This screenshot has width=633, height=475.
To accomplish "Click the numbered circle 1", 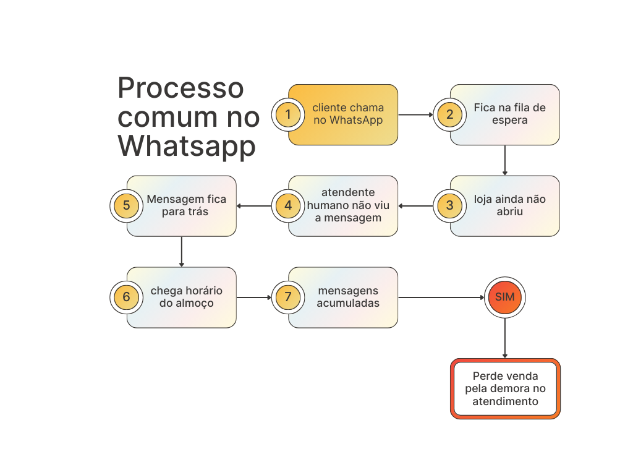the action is (288, 114).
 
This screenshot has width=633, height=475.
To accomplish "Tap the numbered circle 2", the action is (450, 114).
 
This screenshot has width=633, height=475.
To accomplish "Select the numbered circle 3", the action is (450, 205).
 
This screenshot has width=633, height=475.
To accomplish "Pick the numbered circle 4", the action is (288, 205).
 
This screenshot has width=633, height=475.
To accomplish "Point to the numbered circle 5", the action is (126, 205).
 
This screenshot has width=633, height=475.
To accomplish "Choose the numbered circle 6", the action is (126, 297).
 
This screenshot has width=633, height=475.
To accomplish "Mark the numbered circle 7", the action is (288, 297).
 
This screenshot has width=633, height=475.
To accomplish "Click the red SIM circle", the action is (504, 297).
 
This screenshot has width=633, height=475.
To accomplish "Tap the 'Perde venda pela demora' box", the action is (505, 388).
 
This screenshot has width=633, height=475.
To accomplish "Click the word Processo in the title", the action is (181, 88).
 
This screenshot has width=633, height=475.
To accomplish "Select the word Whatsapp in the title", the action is (187, 146).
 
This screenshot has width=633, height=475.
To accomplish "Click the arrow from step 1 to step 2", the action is (415, 114).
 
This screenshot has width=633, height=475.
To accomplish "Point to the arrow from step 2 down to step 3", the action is (504, 160).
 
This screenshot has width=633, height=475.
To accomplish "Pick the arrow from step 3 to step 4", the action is (416, 206).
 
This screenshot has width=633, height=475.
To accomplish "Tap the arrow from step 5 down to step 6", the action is (182, 251).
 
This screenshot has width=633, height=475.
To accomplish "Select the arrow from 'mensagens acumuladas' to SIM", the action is (441, 297).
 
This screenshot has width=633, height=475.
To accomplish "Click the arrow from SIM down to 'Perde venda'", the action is (504, 338).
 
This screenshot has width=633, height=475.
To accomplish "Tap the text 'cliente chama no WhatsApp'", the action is (348, 114).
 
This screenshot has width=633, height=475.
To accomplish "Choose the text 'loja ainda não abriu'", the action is (509, 205).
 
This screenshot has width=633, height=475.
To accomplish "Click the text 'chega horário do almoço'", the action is (187, 297).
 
